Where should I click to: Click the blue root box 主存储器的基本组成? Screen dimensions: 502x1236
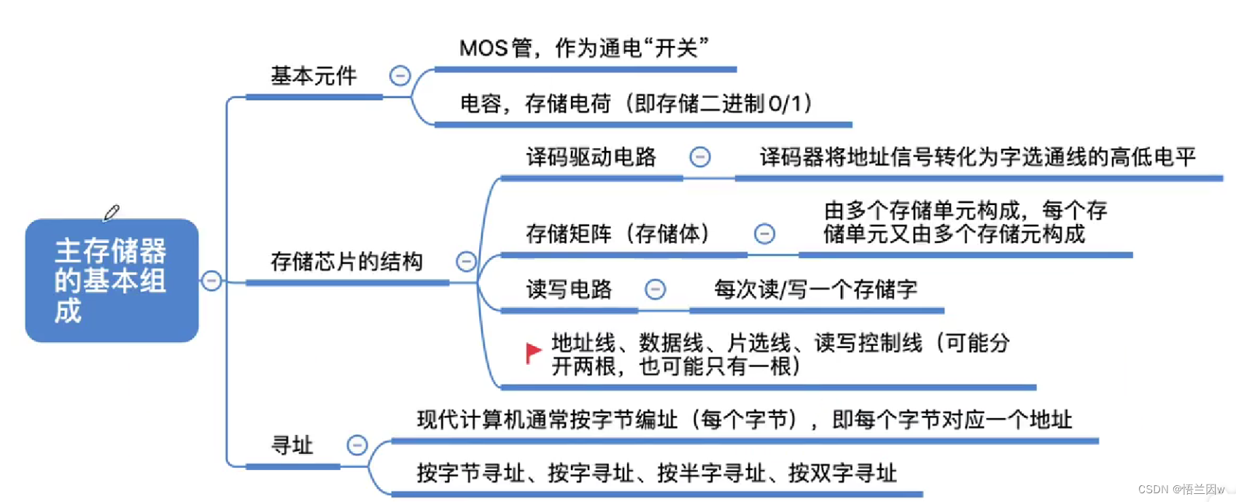(x=112, y=280)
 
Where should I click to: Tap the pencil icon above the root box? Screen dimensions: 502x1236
(x=112, y=212)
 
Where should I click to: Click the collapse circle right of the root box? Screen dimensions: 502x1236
(x=211, y=281)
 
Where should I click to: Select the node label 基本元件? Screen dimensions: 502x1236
(x=314, y=76)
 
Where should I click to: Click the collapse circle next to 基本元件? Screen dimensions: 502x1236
(x=400, y=76)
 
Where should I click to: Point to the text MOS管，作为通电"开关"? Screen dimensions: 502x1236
(x=583, y=48)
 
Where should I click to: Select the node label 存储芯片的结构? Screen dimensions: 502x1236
(x=346, y=261)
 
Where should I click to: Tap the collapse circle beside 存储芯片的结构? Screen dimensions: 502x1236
(x=466, y=261)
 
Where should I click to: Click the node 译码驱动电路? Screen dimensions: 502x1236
(x=591, y=157)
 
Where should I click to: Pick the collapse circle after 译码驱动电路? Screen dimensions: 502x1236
(x=700, y=157)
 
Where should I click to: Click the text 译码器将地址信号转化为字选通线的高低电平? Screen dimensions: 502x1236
(x=977, y=157)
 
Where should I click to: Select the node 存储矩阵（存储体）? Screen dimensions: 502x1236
(x=618, y=233)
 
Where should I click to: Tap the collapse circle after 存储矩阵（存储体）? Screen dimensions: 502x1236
(x=764, y=234)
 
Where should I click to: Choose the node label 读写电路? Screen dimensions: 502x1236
(x=569, y=290)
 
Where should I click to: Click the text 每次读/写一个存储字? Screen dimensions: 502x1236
(x=815, y=290)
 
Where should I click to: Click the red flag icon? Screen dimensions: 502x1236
(x=534, y=353)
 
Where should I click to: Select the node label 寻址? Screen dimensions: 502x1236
(x=292, y=445)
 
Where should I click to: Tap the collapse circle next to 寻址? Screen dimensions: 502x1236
(x=357, y=445)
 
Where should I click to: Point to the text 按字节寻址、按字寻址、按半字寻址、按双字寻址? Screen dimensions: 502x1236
(x=656, y=474)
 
